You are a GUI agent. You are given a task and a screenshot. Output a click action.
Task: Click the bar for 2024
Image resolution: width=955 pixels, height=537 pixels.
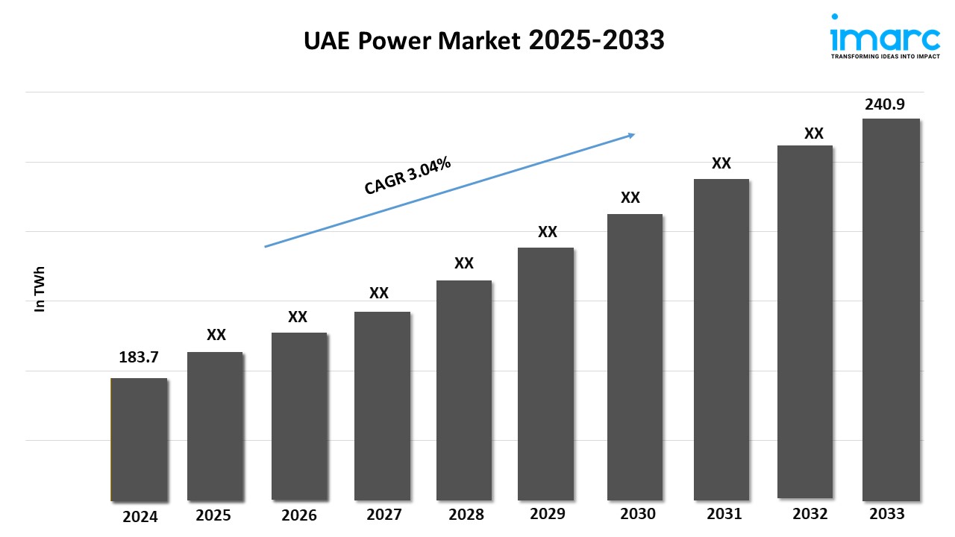tap(139, 439)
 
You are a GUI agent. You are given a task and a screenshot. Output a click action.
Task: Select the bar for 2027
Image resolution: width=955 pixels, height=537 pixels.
tap(382, 406)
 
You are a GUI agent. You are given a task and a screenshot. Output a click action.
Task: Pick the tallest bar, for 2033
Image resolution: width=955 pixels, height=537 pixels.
tap(891, 310)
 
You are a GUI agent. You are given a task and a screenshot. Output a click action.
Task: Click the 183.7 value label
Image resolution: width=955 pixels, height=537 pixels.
tap(139, 357)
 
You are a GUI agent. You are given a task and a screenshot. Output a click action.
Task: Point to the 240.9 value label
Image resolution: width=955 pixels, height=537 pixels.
tap(885, 104)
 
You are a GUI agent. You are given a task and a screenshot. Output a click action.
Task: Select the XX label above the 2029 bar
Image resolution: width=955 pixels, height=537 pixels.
tap(548, 232)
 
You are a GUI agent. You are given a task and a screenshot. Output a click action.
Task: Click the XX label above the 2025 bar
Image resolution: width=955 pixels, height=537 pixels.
tap(216, 335)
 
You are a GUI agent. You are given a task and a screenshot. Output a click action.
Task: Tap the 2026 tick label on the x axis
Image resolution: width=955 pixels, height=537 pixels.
tap(299, 515)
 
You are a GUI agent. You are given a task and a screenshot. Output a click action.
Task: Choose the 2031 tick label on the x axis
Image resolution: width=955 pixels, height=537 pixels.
tap(724, 514)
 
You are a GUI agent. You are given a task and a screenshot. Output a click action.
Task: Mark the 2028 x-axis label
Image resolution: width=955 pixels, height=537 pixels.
tap(466, 515)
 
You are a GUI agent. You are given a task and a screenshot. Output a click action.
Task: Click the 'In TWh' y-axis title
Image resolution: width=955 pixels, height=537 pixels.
tap(40, 289)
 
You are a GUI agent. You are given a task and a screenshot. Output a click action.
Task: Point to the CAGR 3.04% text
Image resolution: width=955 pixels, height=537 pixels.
tap(407, 176)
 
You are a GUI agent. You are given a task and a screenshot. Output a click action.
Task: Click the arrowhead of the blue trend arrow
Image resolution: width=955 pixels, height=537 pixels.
tap(630, 135)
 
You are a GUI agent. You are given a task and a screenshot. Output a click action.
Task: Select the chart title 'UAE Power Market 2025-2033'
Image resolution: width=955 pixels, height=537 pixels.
tap(483, 41)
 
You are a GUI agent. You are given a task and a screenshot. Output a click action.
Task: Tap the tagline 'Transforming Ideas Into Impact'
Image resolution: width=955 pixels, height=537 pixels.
tap(884, 56)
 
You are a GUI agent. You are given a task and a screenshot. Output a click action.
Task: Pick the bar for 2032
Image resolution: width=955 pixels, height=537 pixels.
tap(805, 321)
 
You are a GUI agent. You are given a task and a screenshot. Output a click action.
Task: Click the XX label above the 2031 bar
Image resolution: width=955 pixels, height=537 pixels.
tap(721, 163)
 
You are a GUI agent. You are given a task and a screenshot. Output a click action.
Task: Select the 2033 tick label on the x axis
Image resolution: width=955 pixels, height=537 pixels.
tap(886, 514)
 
